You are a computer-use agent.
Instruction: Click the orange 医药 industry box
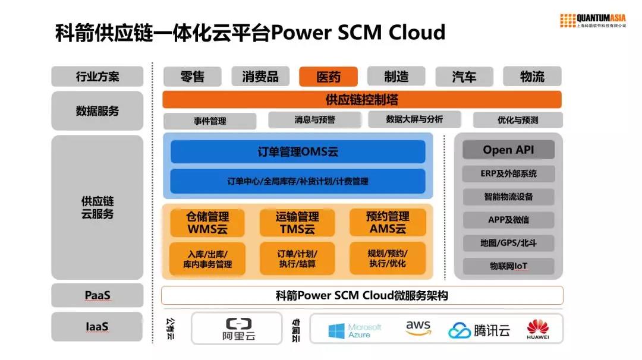(x=328, y=77)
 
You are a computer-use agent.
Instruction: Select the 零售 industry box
(x=192, y=77)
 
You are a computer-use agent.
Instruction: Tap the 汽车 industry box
(x=464, y=77)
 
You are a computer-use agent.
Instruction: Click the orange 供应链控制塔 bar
(x=361, y=99)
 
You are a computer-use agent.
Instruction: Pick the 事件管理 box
(x=210, y=121)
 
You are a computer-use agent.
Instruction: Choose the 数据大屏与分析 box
(x=414, y=119)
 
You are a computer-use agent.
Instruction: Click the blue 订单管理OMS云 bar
(x=298, y=152)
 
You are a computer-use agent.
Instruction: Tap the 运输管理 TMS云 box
(x=297, y=223)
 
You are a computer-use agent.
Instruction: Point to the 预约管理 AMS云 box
(x=388, y=223)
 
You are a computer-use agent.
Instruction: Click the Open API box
(x=508, y=150)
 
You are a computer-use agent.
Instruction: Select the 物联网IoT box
(x=508, y=266)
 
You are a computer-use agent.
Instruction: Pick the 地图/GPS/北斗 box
(x=508, y=243)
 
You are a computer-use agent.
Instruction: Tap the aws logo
(x=418, y=329)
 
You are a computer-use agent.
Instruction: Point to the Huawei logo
(x=537, y=330)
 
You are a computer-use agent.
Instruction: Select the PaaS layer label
(x=97, y=295)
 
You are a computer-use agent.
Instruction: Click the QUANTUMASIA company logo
(x=593, y=20)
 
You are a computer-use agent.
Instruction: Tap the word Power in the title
(x=301, y=31)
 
